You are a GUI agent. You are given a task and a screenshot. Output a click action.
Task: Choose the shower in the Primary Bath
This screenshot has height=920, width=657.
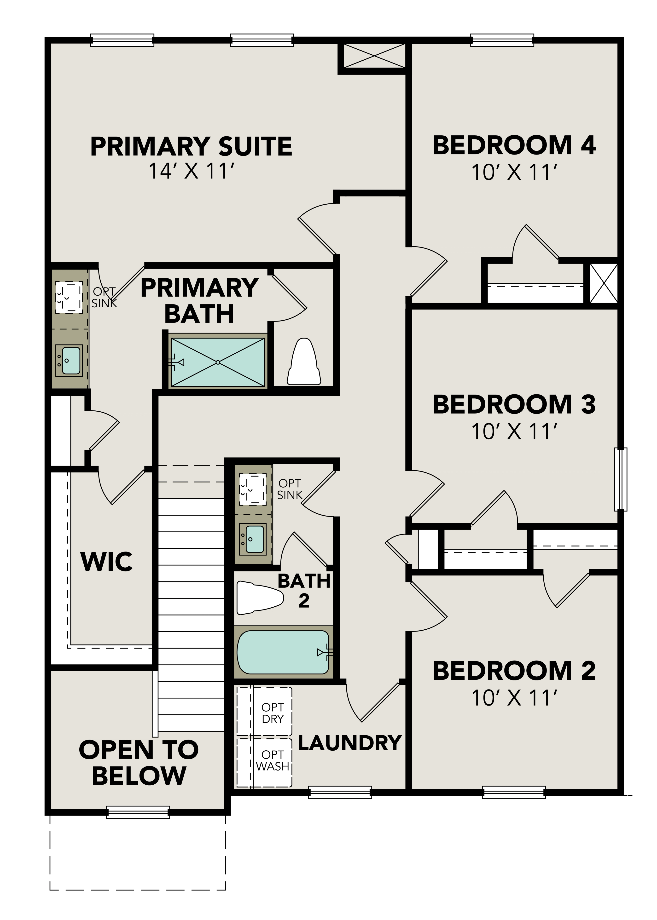[218, 362]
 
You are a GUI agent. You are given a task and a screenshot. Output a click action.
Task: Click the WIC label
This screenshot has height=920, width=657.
[107, 562]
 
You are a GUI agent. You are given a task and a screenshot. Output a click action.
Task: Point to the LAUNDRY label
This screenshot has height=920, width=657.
[349, 743]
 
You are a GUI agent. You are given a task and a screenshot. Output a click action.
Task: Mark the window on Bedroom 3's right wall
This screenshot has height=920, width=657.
[621, 479]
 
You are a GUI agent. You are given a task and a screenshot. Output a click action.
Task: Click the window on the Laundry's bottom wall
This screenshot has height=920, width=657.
[340, 792]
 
